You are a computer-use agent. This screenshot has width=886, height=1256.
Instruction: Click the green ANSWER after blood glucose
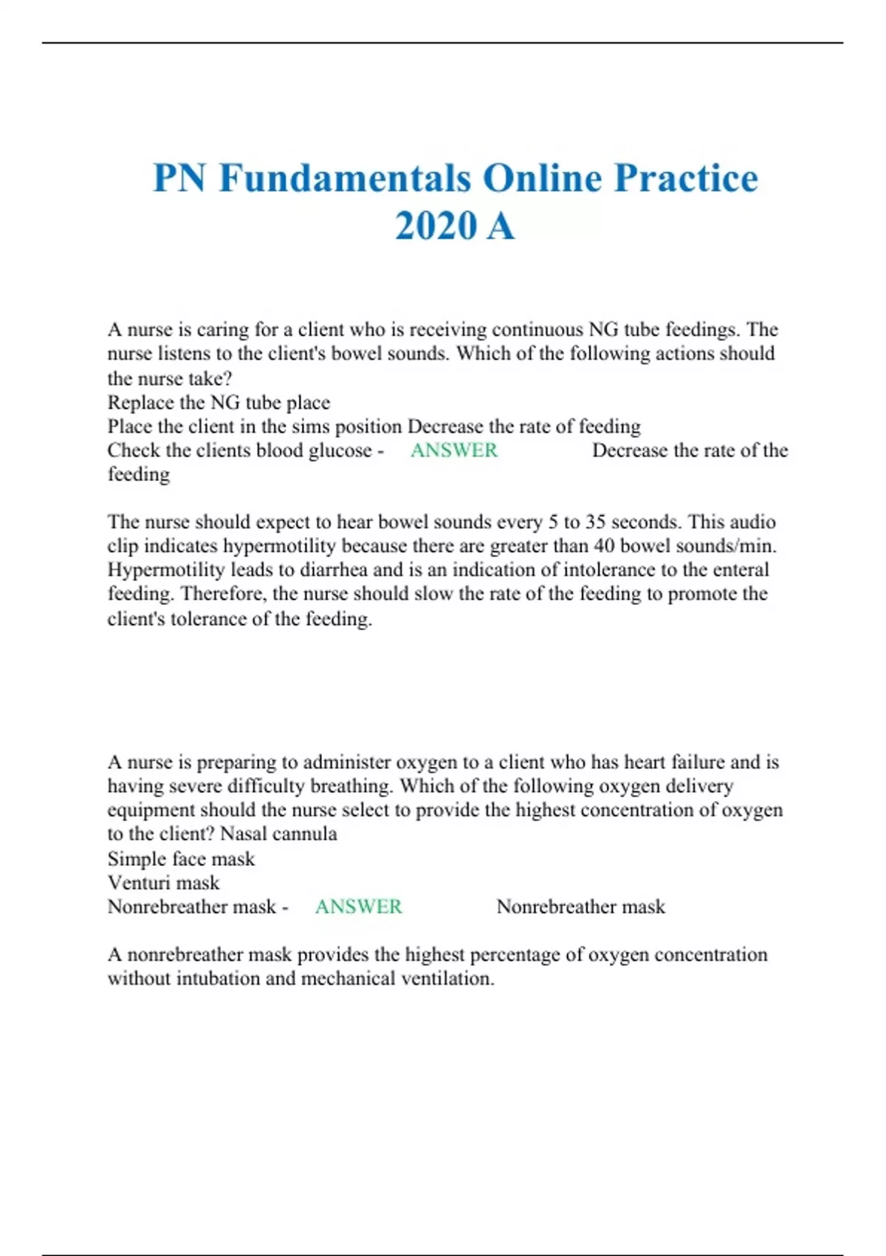tap(453, 450)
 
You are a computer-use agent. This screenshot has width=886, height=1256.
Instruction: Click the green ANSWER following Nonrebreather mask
tap(358, 907)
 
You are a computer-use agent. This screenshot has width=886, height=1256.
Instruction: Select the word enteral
tap(739, 570)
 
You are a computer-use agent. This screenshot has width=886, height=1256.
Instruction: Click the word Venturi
tap(139, 882)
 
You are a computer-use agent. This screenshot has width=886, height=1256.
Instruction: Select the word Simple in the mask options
tap(137, 859)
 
